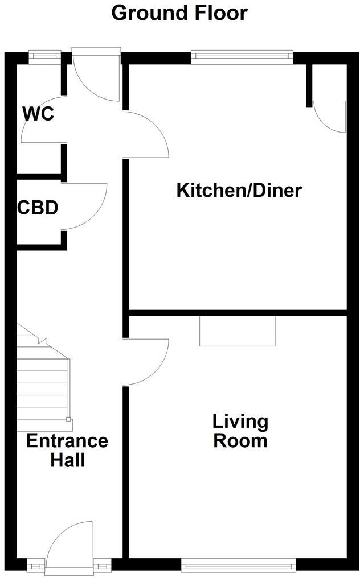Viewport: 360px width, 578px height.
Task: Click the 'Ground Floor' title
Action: click(179, 13)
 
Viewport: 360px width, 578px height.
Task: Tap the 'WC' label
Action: click(38, 114)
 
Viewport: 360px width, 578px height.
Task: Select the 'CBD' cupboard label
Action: click(38, 208)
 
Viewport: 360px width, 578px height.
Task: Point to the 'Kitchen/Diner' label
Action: click(239, 190)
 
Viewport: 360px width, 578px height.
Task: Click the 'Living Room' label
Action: click(240, 431)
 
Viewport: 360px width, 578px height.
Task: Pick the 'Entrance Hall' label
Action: click(67, 449)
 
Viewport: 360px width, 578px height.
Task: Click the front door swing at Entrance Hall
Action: click(68, 543)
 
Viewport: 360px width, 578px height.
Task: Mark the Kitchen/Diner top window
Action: click(242, 56)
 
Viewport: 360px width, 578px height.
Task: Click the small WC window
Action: click(45, 55)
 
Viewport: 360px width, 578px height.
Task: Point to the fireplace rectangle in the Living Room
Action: click(238, 331)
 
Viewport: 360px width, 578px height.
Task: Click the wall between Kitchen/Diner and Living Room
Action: click(238, 312)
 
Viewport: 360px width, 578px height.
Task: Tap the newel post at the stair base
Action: click(69, 420)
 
